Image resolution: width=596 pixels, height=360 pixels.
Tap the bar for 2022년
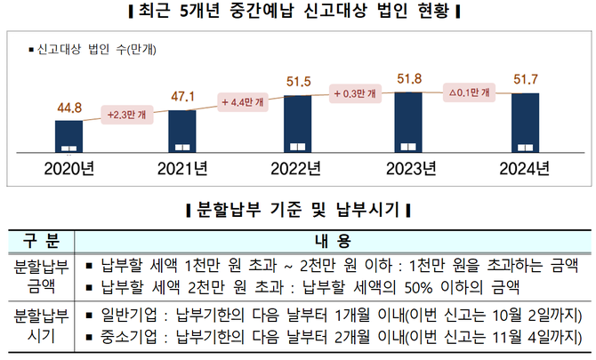[297, 124]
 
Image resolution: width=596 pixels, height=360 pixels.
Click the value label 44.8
[68, 108]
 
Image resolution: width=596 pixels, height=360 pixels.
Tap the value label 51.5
[297, 82]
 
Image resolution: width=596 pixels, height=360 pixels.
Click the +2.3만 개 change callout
[125, 114]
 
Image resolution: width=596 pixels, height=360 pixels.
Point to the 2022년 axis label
[297, 168]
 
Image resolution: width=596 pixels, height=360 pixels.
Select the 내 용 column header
[334, 241]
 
